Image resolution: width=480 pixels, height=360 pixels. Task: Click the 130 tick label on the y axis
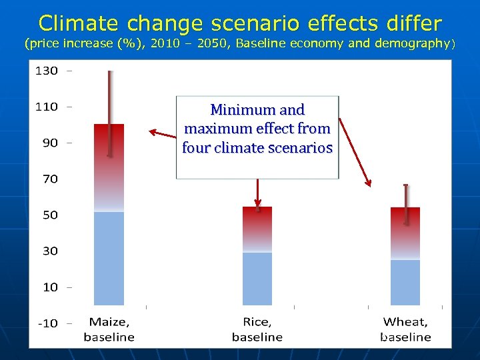tap(47, 71)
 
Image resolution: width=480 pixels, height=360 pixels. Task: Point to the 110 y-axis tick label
tap(47, 107)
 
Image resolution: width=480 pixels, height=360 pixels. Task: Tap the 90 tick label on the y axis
tap(51, 143)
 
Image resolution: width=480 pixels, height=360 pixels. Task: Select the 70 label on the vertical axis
tap(51, 179)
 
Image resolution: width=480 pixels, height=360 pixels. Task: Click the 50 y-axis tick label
tap(51, 215)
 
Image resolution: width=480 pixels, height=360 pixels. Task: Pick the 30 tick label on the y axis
tap(51, 251)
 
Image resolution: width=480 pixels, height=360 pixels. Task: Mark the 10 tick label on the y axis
tap(51, 287)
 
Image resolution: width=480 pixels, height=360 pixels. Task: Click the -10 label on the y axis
tap(47, 323)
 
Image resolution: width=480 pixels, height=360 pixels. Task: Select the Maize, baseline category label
tap(109, 329)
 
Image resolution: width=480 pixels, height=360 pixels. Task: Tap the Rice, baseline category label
tap(257, 329)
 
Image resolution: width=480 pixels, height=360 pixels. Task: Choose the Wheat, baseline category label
tap(406, 329)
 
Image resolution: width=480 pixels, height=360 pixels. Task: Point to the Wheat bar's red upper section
tap(405, 223)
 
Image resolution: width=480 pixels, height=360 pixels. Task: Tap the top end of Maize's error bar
tap(110, 72)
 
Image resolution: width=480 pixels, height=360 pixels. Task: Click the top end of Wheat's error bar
tap(405, 185)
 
